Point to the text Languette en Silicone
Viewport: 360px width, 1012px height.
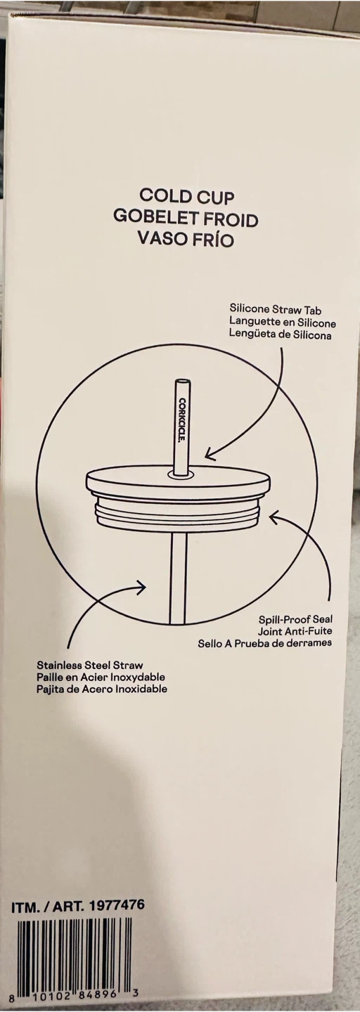point(283,323)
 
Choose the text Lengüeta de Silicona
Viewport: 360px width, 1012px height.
point(281,336)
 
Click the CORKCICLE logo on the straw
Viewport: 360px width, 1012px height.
point(182,421)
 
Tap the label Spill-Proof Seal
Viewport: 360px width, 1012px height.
point(295,619)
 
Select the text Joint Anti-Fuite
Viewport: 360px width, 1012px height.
point(295,630)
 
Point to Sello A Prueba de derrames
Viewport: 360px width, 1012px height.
point(265,643)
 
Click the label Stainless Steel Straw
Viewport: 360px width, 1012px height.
point(89,665)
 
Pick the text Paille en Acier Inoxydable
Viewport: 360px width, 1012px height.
point(101,677)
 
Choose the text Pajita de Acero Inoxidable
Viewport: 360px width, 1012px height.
point(102,689)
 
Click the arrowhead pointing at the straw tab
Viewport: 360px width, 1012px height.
point(211,453)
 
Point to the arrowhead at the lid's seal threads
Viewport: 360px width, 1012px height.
point(276,517)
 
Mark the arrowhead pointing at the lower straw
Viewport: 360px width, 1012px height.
point(141,586)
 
